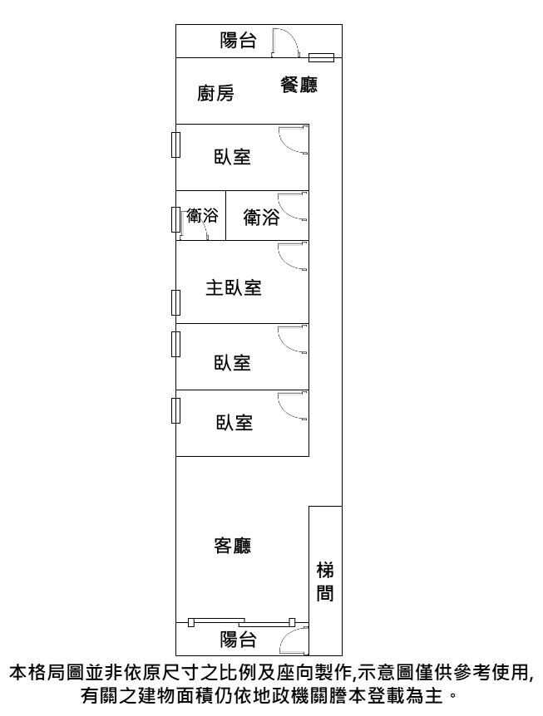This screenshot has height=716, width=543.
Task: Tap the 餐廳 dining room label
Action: (x=299, y=84)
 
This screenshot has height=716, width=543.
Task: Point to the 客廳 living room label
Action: (x=234, y=546)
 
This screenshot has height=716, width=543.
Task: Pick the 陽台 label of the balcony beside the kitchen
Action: (x=238, y=40)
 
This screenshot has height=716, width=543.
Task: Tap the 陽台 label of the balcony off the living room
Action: (x=238, y=639)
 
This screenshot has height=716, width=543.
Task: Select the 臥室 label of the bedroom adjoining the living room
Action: (x=234, y=422)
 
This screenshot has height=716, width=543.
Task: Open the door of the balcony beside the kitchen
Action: (x=283, y=43)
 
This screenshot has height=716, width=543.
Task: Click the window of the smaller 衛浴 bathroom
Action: (x=175, y=219)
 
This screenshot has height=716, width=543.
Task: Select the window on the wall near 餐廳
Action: (x=321, y=57)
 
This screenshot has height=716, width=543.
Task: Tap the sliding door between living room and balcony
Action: (x=241, y=621)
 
